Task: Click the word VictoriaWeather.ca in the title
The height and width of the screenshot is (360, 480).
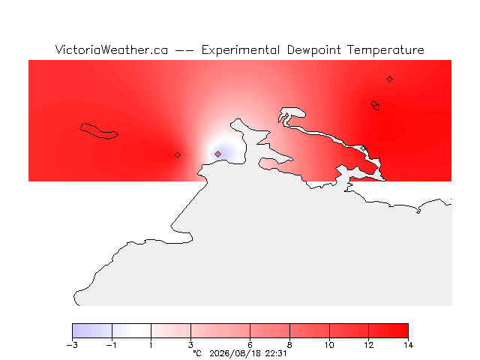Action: coord(112,50)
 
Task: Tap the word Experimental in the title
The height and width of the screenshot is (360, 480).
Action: coord(241,50)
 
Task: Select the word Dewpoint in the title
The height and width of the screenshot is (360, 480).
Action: coord(313,50)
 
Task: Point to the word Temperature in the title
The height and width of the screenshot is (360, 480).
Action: coord(385,50)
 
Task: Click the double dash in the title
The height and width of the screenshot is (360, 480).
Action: coord(184,51)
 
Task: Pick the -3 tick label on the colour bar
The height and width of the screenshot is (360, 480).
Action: coord(72,345)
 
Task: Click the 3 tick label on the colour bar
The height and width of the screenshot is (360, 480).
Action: coord(190,345)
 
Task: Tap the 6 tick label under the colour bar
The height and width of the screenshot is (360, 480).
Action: coord(250,345)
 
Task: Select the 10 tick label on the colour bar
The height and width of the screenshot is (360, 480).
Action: coord(329,345)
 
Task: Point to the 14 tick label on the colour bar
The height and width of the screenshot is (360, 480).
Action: coord(408,345)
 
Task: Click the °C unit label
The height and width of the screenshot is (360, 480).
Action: coord(197,354)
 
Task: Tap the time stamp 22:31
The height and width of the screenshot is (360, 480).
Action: coord(276,354)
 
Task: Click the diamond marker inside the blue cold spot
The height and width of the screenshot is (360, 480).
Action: coord(217,154)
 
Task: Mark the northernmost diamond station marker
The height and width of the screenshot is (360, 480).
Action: coord(389,79)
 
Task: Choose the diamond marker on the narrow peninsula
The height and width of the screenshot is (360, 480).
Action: coord(363,148)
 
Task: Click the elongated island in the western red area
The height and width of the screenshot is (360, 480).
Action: coord(99,131)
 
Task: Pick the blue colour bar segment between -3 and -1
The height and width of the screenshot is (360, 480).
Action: coord(92,331)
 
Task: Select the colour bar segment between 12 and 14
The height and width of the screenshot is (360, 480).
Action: coord(388,331)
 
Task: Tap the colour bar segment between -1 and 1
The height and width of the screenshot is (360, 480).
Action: coord(132,331)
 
